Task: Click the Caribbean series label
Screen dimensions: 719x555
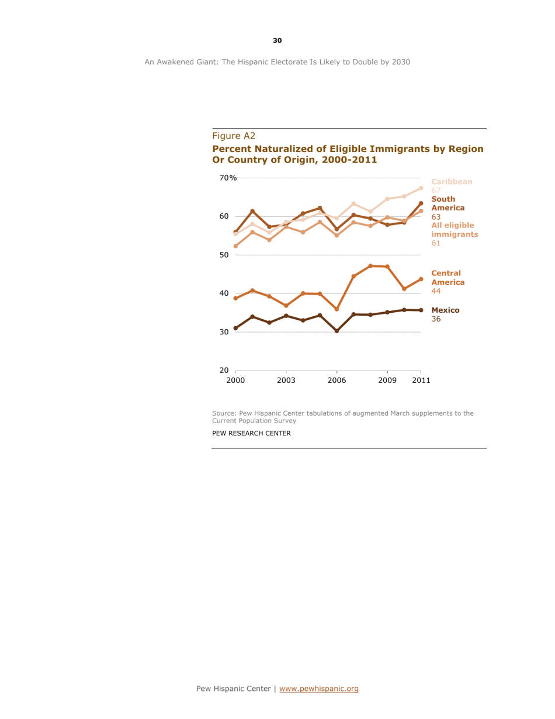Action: pos(452,182)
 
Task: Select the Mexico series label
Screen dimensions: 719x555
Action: pos(445,310)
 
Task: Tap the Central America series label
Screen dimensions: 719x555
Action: pos(448,277)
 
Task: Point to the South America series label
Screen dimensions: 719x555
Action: pos(448,203)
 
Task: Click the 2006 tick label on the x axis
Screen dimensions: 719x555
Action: pos(337,381)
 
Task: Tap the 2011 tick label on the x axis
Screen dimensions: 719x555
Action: pos(421,381)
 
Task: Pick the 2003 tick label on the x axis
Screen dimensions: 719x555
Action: pos(286,381)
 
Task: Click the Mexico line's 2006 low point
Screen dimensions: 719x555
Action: pos(337,331)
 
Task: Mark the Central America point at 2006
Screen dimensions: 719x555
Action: pos(337,309)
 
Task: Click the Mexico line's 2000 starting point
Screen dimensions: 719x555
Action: pos(235,328)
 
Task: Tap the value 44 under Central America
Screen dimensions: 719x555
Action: pos(435,291)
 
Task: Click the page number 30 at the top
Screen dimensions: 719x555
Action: pos(277,40)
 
